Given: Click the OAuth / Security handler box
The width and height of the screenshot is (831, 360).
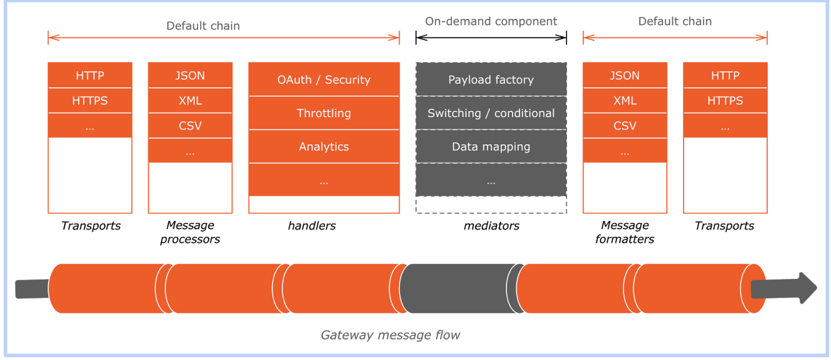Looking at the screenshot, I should [x=324, y=80].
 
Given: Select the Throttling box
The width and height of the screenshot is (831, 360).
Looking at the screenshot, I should [x=324, y=113].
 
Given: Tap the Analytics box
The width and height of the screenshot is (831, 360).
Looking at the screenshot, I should [x=324, y=147].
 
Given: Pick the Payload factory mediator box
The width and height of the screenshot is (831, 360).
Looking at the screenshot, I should [x=491, y=80].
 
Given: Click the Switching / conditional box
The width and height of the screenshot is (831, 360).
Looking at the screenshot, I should [x=491, y=113].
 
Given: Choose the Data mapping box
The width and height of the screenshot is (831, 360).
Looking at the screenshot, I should [x=491, y=147].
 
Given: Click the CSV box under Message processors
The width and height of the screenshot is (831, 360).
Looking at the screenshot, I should [x=190, y=126].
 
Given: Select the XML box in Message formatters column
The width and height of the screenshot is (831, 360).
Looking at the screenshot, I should [x=625, y=101].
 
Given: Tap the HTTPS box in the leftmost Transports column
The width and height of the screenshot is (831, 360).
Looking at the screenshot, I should [x=90, y=101].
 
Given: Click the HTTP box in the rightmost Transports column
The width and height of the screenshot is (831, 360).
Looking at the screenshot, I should [x=725, y=76].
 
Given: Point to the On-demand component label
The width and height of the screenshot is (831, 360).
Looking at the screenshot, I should [x=491, y=21].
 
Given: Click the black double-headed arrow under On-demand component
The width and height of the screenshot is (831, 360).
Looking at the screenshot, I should [x=491, y=38].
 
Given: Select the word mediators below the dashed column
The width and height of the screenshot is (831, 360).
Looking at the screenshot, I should [x=491, y=226].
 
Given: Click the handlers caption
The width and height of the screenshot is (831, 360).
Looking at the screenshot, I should [x=312, y=226].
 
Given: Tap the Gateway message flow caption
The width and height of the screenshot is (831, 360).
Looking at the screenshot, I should [x=390, y=335].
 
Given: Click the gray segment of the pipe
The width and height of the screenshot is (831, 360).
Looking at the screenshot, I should [x=459, y=289].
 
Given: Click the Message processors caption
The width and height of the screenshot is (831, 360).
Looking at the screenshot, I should [x=190, y=232].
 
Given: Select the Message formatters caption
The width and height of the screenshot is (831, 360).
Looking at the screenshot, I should [x=625, y=232].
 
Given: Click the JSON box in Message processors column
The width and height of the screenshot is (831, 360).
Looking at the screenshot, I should [x=190, y=76].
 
